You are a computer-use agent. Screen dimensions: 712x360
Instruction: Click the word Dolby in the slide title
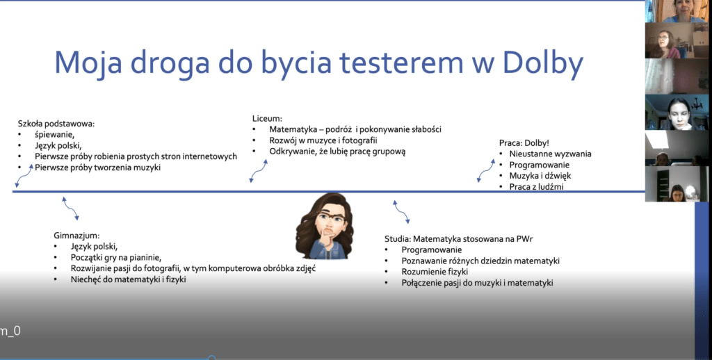click(543, 63)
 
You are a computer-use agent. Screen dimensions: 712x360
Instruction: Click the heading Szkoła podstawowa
click(56, 124)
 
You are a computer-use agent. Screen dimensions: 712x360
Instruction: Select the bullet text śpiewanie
click(54, 134)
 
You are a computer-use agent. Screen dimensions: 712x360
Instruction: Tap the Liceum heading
click(267, 118)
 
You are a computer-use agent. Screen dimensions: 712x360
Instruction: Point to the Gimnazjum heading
click(76, 236)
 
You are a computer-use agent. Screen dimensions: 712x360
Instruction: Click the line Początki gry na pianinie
click(116, 257)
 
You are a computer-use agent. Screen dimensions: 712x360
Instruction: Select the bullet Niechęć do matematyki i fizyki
click(128, 279)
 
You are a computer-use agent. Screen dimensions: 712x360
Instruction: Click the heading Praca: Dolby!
click(524, 143)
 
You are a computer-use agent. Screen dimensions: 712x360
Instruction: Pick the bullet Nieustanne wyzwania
click(551, 154)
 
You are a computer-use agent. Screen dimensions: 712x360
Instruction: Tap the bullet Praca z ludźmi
click(536, 186)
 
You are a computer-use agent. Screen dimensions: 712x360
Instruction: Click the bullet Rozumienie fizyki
click(435, 272)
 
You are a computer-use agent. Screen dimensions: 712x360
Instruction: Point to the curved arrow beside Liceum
click(259, 171)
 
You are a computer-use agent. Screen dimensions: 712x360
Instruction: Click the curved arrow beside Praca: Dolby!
click(485, 170)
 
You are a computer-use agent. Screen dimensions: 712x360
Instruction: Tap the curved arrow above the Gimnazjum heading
click(70, 208)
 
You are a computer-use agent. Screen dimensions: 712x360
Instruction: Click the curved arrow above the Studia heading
click(401, 212)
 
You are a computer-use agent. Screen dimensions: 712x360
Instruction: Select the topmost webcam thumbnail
click(677, 11)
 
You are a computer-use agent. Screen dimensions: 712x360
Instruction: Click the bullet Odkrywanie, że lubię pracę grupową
click(337, 152)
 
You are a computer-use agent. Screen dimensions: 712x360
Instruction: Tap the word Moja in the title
click(88, 63)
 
